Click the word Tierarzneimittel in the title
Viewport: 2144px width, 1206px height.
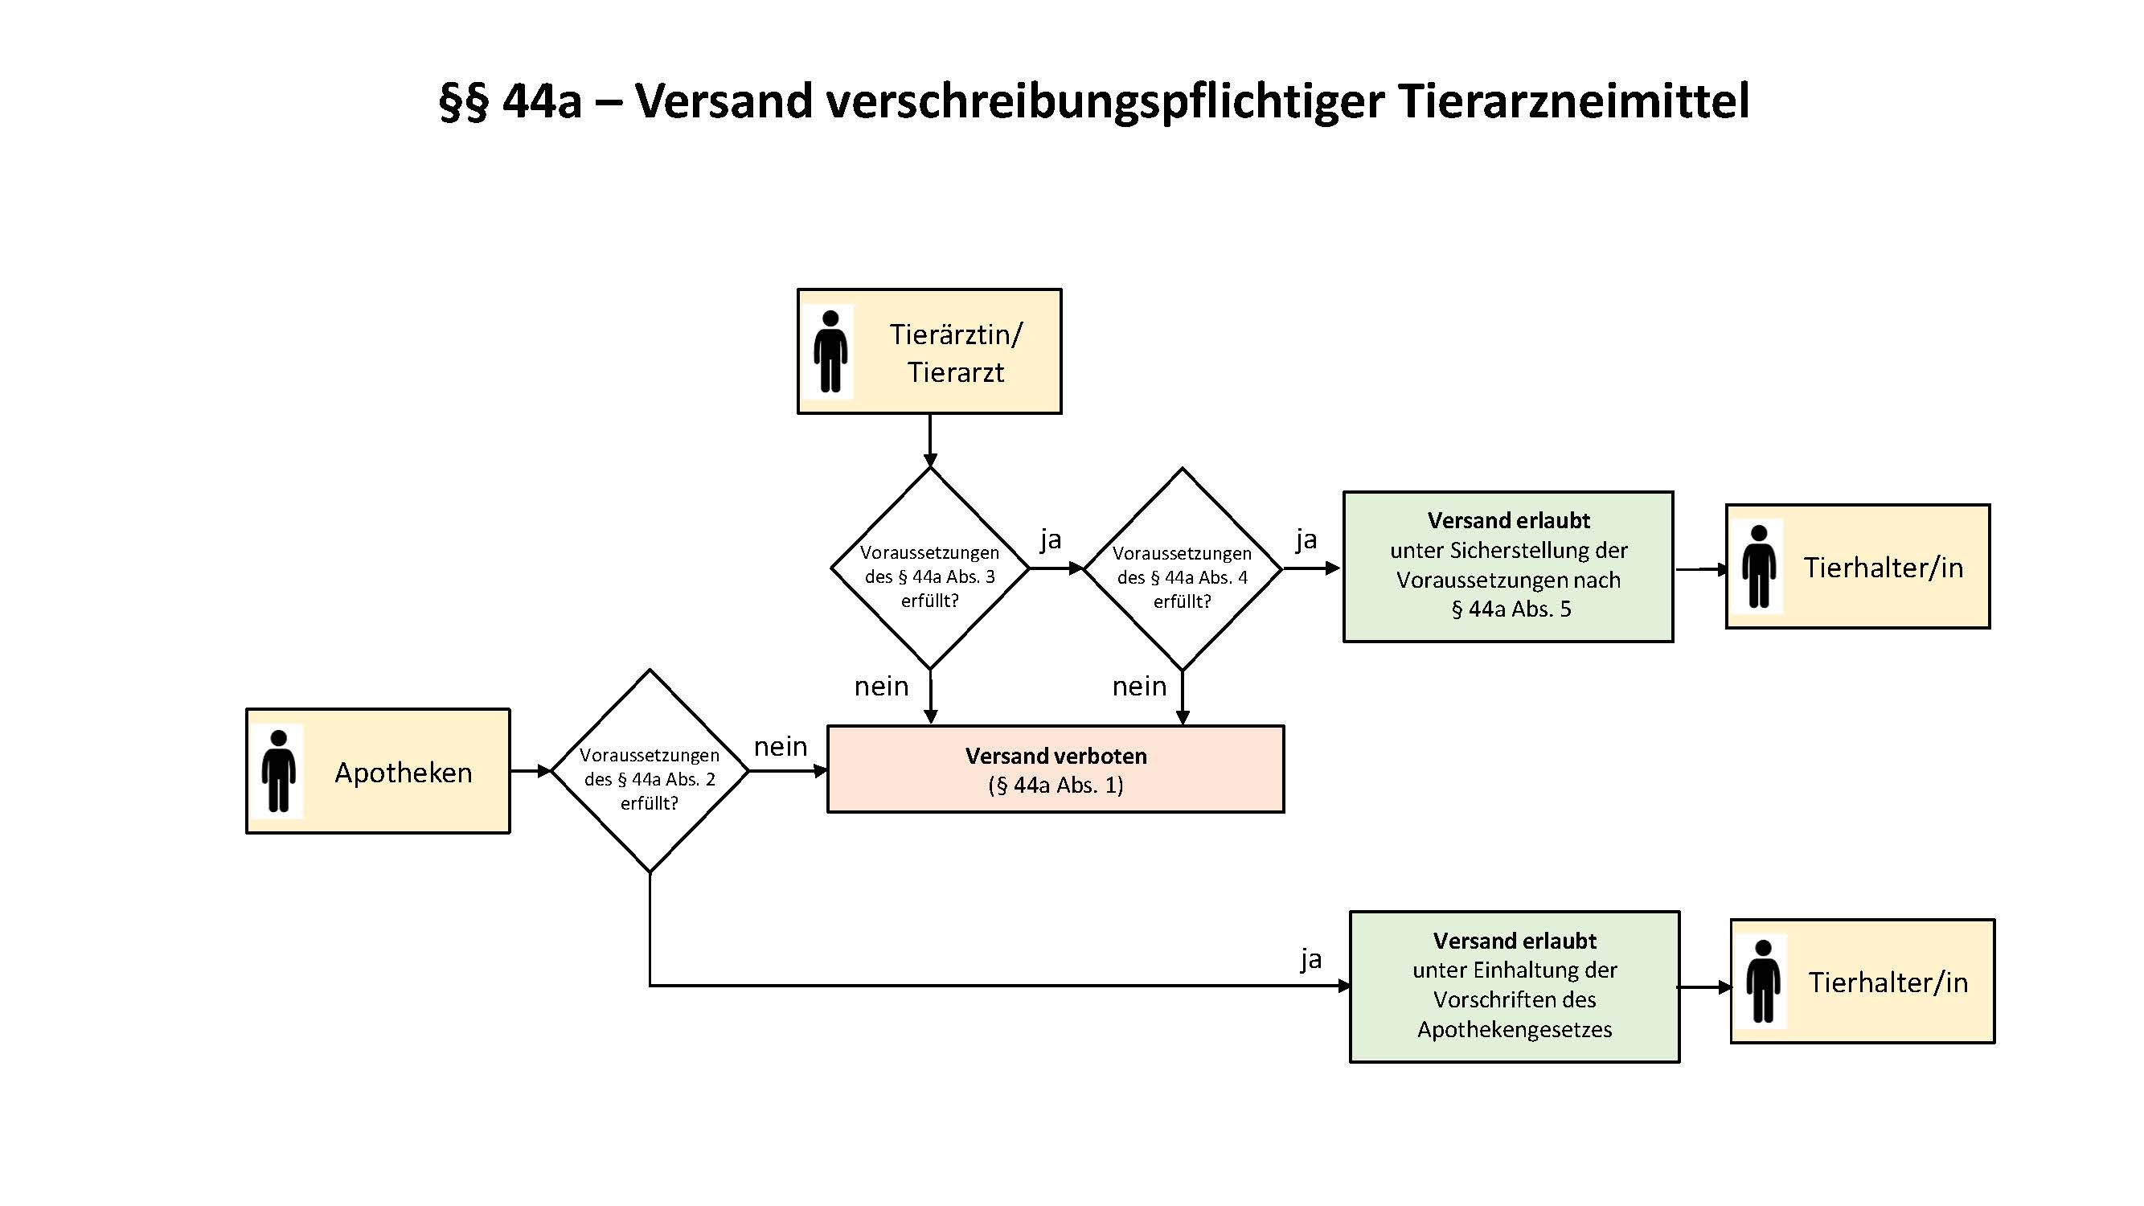[1573, 101]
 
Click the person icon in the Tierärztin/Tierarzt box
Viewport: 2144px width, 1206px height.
[830, 351]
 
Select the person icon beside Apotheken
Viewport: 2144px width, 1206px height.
[278, 771]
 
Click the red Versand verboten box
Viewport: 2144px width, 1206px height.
[1056, 769]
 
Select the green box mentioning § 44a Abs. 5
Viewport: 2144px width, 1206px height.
[1508, 566]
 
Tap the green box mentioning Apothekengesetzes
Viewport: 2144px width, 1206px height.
[1514, 987]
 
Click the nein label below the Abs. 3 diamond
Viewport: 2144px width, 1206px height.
[881, 687]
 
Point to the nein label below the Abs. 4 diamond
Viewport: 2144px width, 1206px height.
[1139, 687]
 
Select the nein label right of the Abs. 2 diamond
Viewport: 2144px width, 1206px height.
[780, 747]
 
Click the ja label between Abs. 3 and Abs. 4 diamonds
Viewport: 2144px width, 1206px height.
[1051, 539]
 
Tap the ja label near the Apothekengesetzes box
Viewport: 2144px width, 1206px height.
[1311, 959]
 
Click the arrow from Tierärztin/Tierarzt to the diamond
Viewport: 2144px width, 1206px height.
[929, 441]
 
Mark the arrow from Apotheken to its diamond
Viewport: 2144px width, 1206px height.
[531, 771]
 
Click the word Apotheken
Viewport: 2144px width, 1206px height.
[403, 773]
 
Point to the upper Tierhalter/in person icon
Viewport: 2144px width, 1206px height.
[1759, 566]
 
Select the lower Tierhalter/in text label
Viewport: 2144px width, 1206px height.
[1888, 982]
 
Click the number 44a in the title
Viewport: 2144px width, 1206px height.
[542, 101]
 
